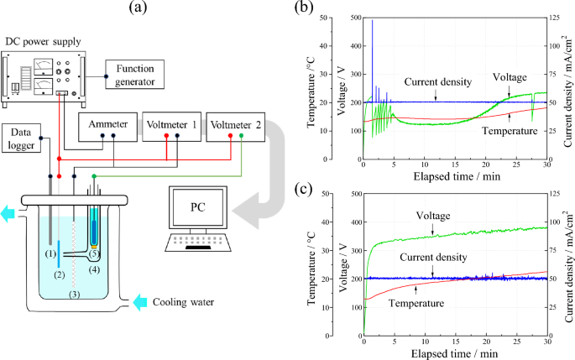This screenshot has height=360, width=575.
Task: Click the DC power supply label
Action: (41, 41)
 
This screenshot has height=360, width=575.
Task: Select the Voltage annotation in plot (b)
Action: (510, 77)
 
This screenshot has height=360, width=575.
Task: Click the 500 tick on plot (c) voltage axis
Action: (351, 193)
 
